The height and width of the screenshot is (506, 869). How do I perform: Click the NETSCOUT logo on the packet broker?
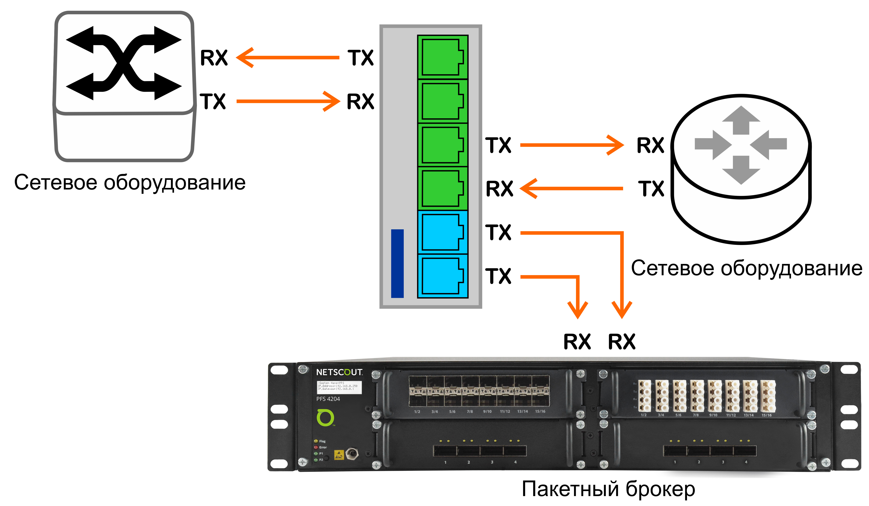click(x=339, y=372)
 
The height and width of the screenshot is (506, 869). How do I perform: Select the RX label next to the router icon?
click(x=650, y=145)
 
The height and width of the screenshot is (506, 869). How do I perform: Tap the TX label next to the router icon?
click(x=651, y=189)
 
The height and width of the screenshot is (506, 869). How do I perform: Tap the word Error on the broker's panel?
click(x=323, y=447)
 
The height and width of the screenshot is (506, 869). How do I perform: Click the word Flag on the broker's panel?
click(x=322, y=441)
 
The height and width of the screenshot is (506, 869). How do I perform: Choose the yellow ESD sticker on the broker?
click(x=339, y=455)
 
